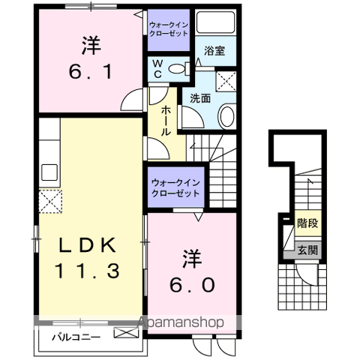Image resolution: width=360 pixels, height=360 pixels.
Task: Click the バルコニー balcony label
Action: (76, 337)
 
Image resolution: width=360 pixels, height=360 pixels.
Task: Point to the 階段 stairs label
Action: (307, 223)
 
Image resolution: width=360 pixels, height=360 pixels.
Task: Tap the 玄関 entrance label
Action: (307, 250)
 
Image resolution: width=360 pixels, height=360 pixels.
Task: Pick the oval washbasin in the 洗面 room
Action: (226, 115)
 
